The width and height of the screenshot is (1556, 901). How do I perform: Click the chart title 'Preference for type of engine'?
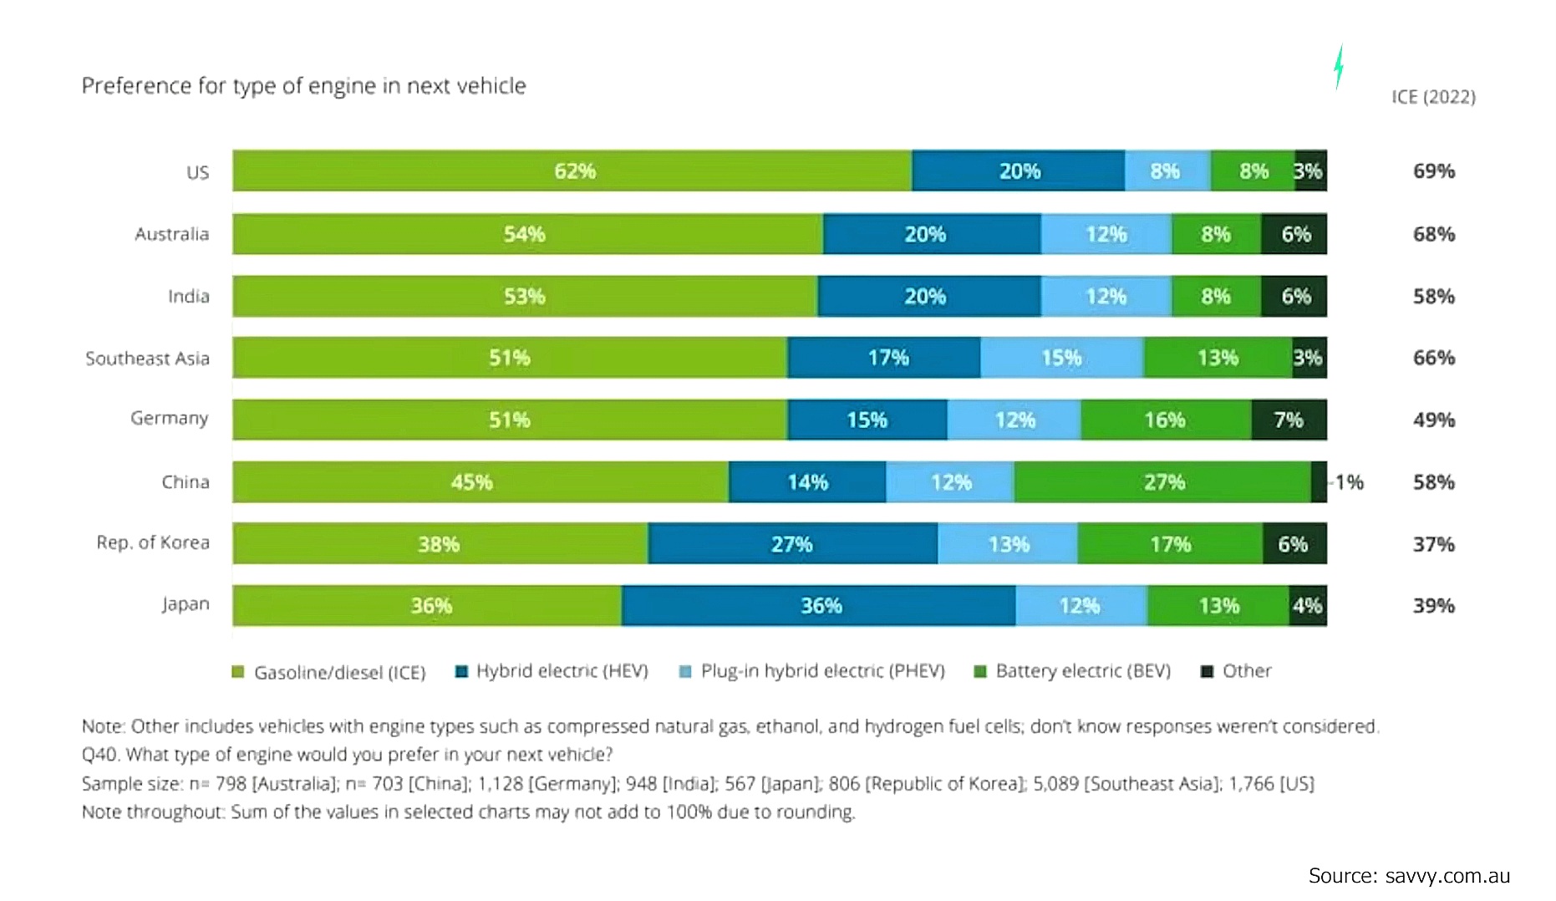pos(303,86)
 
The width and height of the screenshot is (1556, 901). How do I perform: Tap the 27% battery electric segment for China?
pos(1162,482)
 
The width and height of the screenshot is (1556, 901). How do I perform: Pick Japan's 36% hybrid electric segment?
pos(819,606)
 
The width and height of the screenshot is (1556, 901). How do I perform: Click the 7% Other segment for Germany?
pos(1289,420)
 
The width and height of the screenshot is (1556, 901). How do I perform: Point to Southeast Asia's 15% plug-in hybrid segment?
pos(1061,358)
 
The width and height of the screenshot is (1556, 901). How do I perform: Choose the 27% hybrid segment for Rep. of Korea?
pos(791,544)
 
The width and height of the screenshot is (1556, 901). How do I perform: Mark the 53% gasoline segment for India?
pos(524,296)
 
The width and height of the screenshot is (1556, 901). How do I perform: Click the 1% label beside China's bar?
pos(1349,482)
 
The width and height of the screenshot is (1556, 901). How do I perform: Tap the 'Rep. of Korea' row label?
pos(153,542)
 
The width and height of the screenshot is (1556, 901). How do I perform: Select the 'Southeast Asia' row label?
pos(147,359)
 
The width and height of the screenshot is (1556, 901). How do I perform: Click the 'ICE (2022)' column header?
pos(1433,97)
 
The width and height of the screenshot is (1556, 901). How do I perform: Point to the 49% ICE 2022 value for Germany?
pos(1434,420)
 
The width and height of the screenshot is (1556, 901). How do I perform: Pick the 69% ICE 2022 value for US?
pos(1434,171)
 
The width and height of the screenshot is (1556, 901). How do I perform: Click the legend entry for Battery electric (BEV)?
pos(1073,671)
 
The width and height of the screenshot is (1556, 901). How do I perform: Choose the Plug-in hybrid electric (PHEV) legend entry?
pos(812,671)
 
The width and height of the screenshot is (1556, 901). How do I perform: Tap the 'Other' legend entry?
pos(1237,671)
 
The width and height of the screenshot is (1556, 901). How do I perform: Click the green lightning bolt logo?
pos(1339,66)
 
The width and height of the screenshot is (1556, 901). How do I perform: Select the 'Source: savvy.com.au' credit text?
pos(1409,876)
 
